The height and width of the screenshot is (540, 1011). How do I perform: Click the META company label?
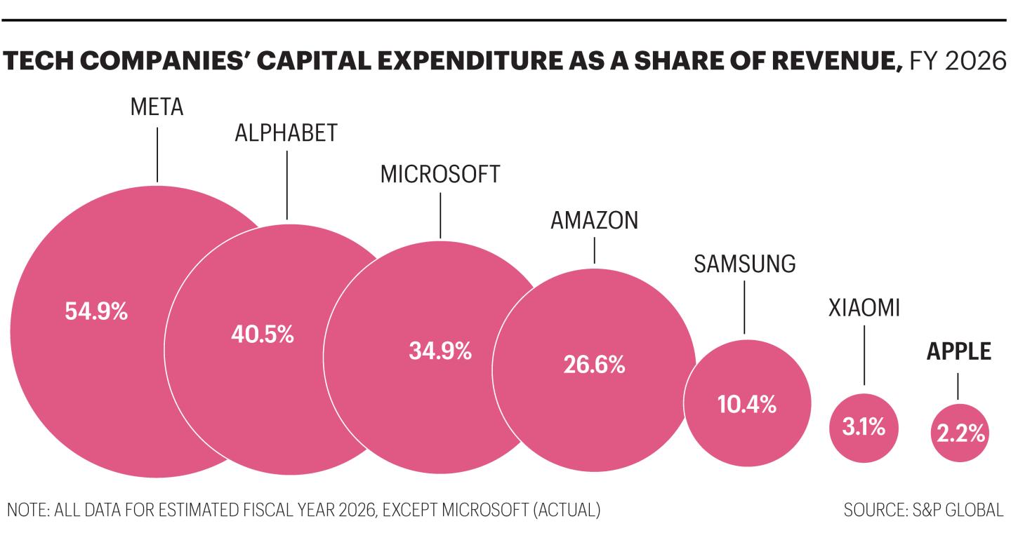[x=157, y=107]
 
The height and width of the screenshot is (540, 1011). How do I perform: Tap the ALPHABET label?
[x=286, y=133]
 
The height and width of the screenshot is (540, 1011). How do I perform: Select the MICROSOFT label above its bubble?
[x=440, y=175]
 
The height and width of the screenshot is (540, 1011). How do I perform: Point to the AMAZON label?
[x=595, y=220]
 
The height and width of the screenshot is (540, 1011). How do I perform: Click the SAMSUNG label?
[x=745, y=264]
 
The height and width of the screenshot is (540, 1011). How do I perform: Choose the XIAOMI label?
[x=864, y=309]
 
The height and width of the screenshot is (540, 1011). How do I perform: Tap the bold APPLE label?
[x=958, y=351]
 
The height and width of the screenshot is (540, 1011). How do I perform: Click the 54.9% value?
[x=96, y=311]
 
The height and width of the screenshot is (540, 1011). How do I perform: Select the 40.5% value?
[x=263, y=335]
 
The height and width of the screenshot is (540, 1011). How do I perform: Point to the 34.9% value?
[x=440, y=351]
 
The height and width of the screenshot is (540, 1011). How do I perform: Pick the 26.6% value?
[x=594, y=364]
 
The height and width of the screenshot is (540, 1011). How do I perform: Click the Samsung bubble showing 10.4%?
[x=747, y=403]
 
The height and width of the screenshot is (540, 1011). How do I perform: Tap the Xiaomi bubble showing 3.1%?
[x=864, y=428]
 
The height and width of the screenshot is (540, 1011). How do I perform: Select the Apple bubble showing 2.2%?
[x=960, y=433]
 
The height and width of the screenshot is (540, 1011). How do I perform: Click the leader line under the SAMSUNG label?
[x=744, y=307]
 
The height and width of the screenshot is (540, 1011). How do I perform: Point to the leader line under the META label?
[x=157, y=154]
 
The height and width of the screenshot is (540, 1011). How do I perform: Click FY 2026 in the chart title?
[x=958, y=61]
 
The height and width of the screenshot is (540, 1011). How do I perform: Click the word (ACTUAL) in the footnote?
[x=567, y=510]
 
